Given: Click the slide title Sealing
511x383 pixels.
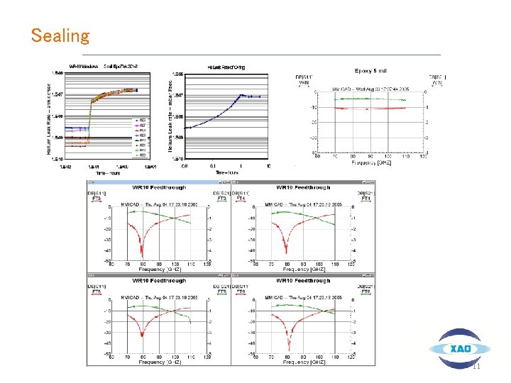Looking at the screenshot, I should click(x=60, y=35).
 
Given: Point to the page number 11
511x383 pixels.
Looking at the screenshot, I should click(x=476, y=366).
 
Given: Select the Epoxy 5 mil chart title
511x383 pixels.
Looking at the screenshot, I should click(x=371, y=71).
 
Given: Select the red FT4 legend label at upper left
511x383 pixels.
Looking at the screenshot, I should click(x=258, y=199).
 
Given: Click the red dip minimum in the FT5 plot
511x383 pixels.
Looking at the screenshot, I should click(x=142, y=335).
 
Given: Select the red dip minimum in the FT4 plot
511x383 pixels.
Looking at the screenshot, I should click(x=286, y=252).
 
